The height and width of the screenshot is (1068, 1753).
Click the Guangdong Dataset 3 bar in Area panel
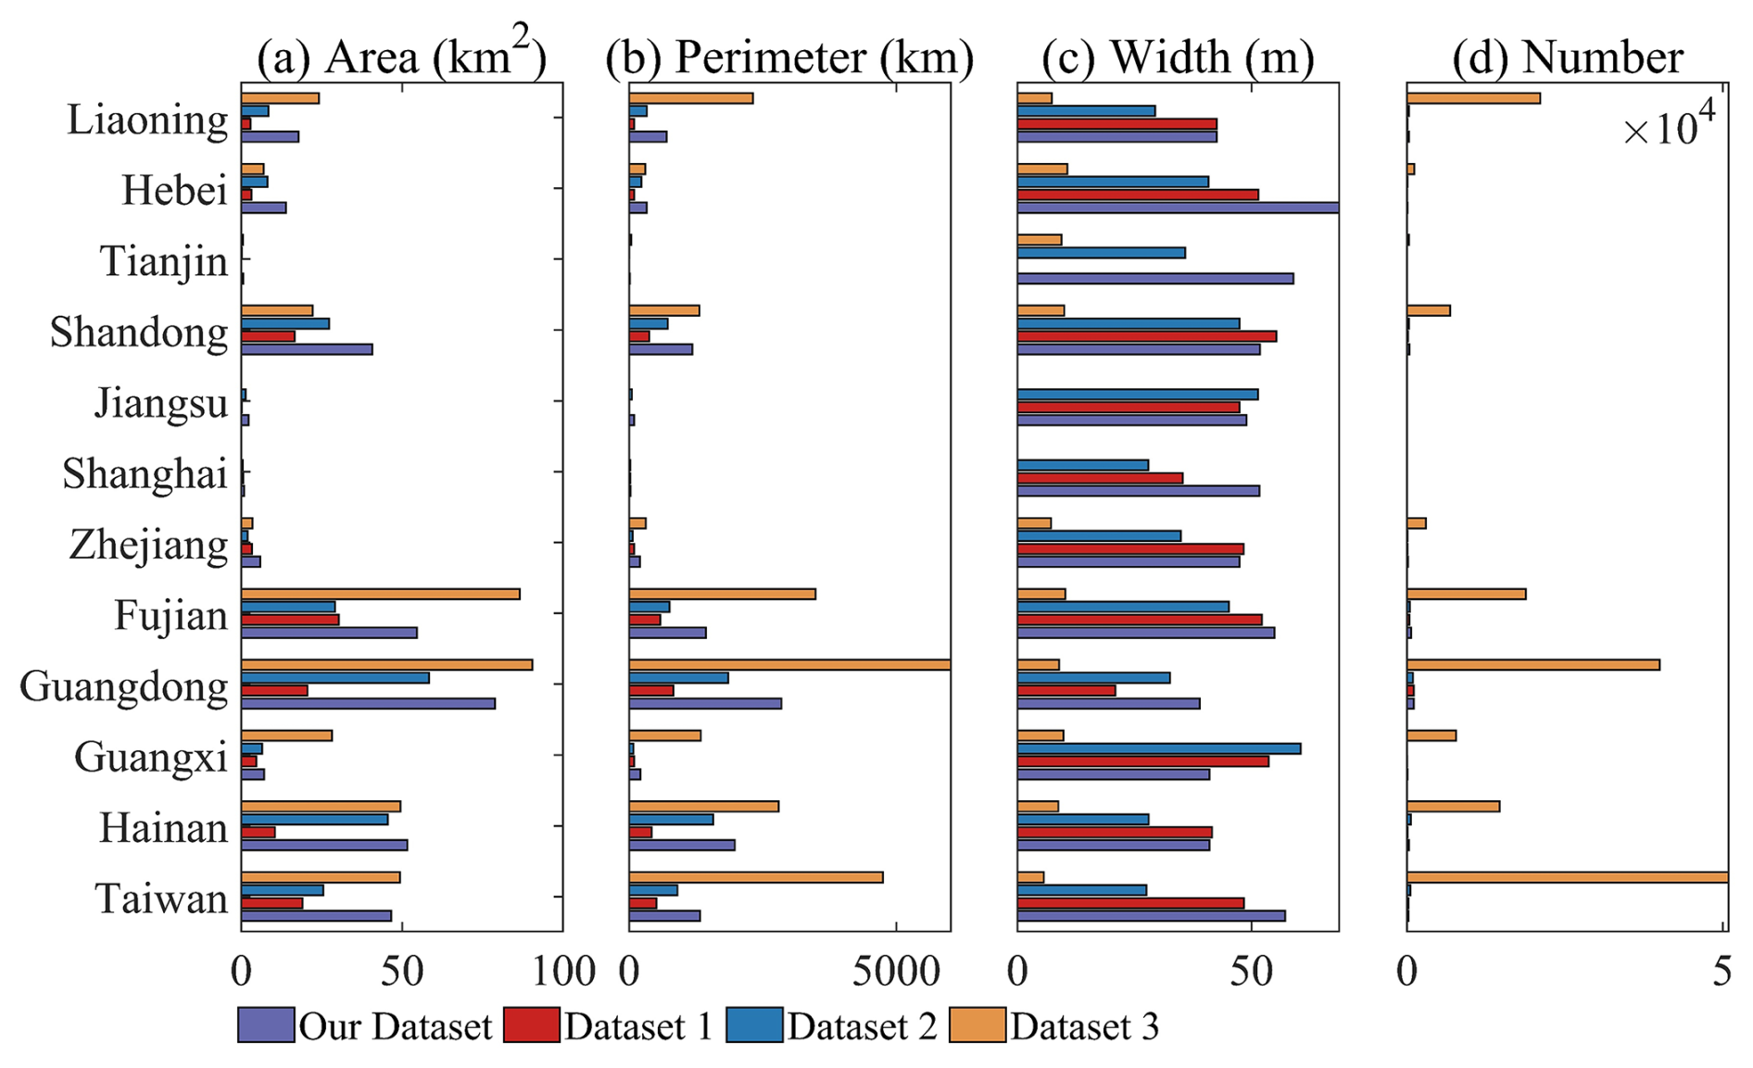386,665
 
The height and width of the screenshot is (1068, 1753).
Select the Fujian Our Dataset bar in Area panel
329,633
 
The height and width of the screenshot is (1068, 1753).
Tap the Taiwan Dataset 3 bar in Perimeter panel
756,877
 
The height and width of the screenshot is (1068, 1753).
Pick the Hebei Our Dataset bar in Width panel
1177,207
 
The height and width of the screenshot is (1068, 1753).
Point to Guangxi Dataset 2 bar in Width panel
1158,748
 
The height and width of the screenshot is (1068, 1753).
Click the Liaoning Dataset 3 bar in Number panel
1473,98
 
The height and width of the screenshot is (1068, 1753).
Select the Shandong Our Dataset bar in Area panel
307,349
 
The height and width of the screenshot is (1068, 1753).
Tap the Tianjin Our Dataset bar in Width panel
1154,279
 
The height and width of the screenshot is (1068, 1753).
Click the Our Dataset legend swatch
266,1025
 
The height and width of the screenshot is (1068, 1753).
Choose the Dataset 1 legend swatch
532,1025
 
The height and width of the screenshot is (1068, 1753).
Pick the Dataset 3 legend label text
1085,1027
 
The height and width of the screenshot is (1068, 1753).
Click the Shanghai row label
145,474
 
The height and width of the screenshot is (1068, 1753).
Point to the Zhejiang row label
148,546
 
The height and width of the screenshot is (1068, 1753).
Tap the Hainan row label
163,828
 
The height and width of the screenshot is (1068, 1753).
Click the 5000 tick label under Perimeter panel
896,972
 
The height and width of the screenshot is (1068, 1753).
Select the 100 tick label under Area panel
562,972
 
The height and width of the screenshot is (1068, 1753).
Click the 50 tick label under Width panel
1253,972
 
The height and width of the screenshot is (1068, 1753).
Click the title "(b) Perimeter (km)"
789,57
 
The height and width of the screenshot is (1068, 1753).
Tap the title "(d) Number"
1568,57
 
